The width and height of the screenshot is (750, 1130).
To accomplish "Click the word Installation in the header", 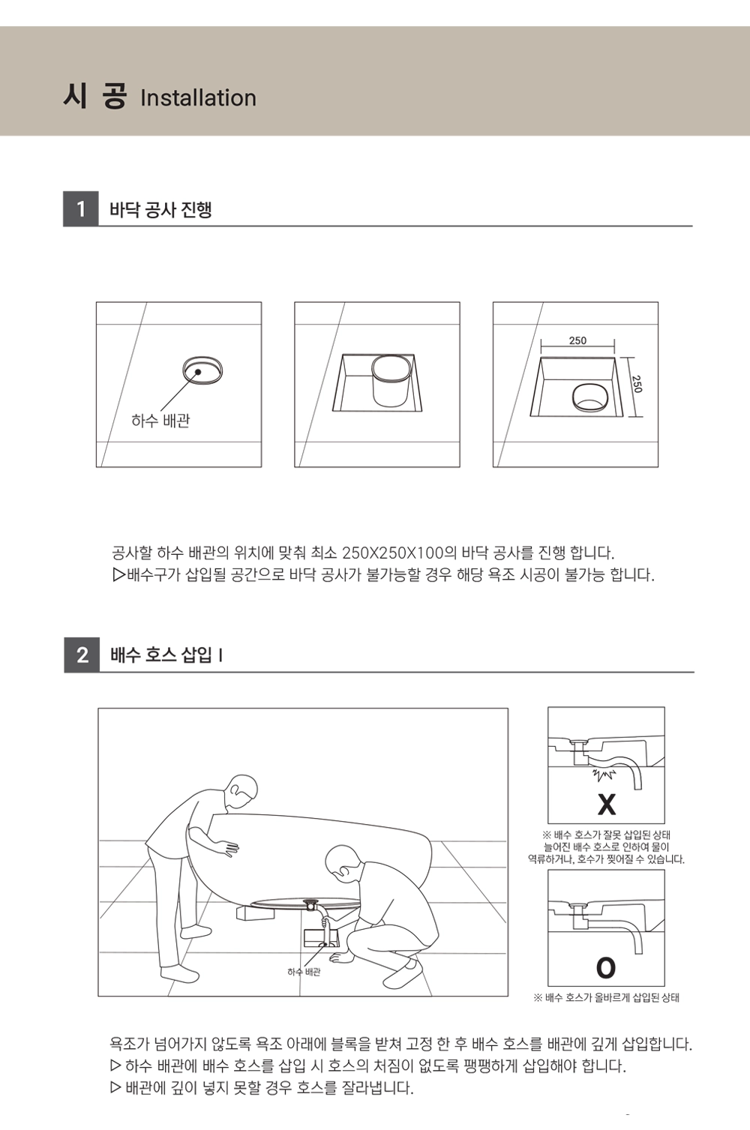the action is (x=198, y=98).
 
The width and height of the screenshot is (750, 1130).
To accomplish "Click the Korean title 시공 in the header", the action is (x=94, y=96).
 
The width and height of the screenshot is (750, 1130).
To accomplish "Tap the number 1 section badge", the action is (x=81, y=209).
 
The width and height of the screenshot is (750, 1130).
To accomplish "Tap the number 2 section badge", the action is (x=82, y=655).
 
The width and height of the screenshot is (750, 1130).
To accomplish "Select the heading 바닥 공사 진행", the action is (x=160, y=209).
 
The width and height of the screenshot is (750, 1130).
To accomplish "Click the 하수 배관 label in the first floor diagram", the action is (x=160, y=420).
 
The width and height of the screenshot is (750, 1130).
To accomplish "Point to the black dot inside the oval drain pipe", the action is (x=198, y=372).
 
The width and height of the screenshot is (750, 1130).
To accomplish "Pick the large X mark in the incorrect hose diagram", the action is (x=606, y=804).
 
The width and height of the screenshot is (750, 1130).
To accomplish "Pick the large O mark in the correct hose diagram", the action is (x=606, y=967).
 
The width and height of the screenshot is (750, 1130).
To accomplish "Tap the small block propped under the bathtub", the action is (x=256, y=913).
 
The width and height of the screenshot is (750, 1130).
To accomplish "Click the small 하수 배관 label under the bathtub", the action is (x=304, y=972).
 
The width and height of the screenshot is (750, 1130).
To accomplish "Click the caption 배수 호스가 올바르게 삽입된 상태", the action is (x=606, y=997).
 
